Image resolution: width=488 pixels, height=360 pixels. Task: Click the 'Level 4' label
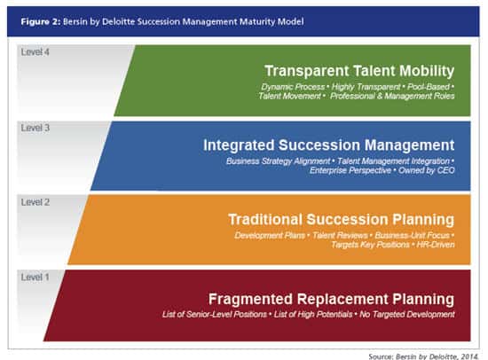(x=35, y=52)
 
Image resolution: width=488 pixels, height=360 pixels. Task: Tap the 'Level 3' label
(x=35, y=128)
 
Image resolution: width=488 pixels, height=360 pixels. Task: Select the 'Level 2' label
(x=35, y=202)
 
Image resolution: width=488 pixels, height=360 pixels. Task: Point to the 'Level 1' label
(x=35, y=277)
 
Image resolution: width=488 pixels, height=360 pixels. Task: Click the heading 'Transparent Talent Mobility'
(x=359, y=71)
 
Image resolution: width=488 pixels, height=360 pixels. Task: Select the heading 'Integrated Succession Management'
(x=329, y=145)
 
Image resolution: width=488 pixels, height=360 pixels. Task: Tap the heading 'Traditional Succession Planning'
(x=341, y=219)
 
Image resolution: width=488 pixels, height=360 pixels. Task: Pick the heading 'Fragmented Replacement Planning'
(x=332, y=300)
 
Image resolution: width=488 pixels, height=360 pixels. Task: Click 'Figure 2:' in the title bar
(x=41, y=21)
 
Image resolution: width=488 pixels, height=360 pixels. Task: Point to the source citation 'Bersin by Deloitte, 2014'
(x=437, y=356)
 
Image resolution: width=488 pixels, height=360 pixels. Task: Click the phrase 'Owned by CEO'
(x=427, y=170)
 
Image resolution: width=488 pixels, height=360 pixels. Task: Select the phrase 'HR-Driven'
(x=436, y=245)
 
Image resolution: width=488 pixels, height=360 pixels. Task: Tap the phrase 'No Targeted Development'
(x=407, y=314)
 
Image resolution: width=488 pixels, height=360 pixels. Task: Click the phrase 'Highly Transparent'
(x=366, y=87)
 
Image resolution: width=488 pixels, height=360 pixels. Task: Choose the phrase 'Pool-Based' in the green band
(x=429, y=87)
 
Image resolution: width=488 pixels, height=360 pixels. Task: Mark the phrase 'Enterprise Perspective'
(x=350, y=170)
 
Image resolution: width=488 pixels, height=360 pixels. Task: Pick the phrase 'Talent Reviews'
(x=340, y=236)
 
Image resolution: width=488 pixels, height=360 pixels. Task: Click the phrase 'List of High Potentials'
(x=313, y=314)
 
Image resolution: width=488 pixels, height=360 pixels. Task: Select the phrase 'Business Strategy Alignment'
(x=278, y=161)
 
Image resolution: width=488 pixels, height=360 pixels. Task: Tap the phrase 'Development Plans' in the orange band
(x=270, y=236)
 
